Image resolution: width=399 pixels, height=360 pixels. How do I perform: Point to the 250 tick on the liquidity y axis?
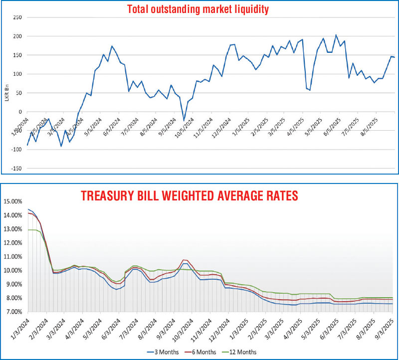17,17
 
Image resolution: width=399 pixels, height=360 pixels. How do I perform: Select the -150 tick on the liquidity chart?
16,169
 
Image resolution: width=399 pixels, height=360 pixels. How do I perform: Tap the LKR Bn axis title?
7,93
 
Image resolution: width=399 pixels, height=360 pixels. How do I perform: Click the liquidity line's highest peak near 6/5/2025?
336,35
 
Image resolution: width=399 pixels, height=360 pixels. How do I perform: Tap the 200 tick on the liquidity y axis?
17,36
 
